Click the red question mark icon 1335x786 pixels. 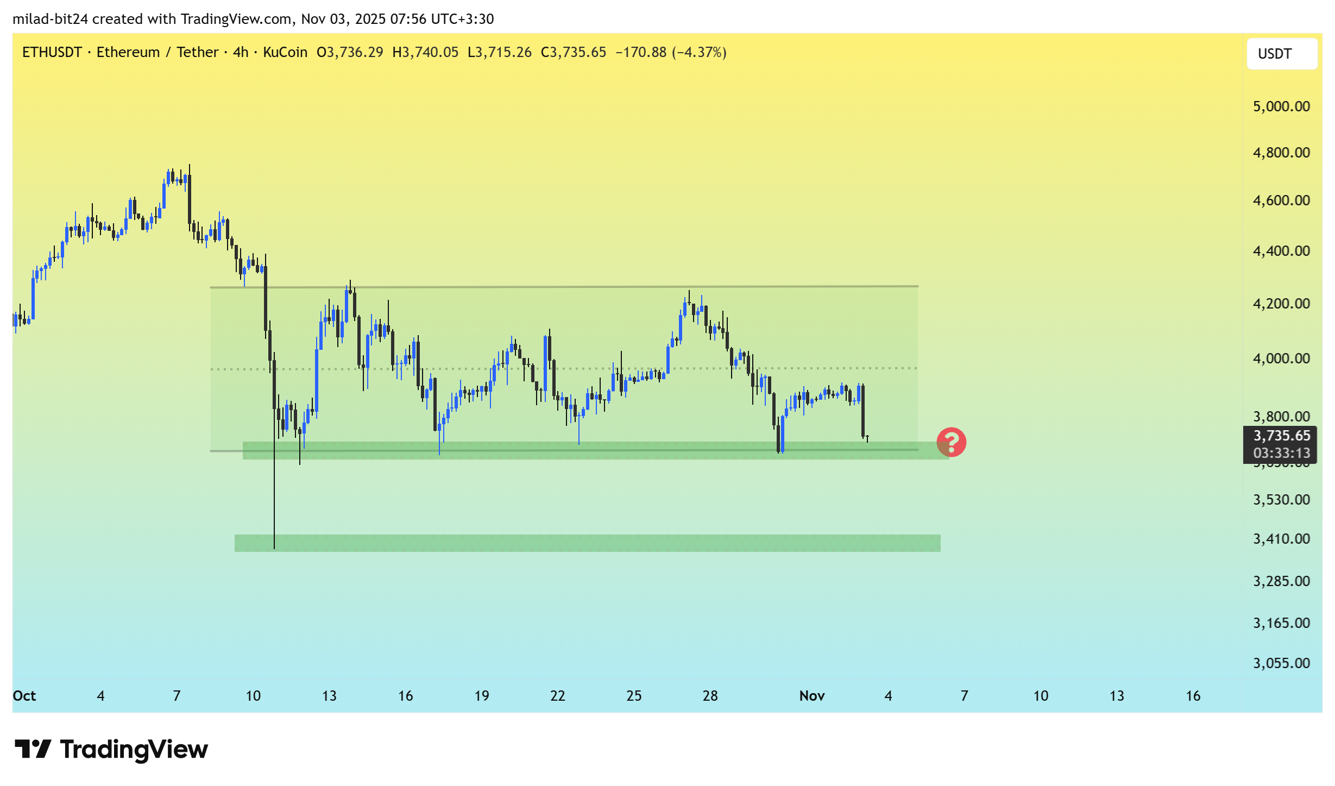[951, 442]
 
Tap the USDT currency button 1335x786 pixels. [1281, 54]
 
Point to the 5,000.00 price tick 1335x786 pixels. [1281, 106]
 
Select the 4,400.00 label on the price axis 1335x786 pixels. [1281, 251]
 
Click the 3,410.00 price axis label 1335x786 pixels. [1281, 539]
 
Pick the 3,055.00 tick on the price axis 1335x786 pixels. [1281, 663]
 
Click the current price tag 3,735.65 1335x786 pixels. [1281, 436]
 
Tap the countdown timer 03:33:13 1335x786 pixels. [1281, 453]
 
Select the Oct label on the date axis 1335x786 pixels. [24, 696]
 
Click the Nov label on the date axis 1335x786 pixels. [811, 696]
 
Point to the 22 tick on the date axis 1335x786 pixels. [558, 696]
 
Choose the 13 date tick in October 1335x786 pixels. [329, 696]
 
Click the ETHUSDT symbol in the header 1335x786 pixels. [52, 52]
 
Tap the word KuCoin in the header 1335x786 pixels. [285, 52]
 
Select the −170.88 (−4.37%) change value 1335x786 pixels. [670, 52]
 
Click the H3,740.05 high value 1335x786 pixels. [425, 52]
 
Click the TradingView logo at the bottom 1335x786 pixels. [111, 750]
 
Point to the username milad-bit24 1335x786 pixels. [51, 19]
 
